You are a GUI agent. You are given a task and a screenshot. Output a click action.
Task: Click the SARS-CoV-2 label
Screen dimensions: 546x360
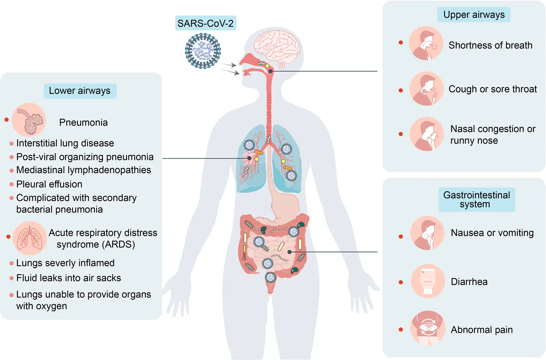tap(206, 23)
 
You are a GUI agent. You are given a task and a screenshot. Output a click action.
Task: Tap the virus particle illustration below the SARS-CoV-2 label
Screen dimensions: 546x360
tap(203, 51)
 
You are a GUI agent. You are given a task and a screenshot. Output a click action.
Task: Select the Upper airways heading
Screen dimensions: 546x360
tap(474, 15)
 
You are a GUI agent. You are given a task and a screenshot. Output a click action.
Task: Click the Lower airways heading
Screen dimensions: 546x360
tap(80, 91)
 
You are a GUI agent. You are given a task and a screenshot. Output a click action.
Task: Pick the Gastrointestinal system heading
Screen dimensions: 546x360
tap(476, 199)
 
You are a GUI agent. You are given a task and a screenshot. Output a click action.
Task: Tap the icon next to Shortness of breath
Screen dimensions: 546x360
tap(426, 43)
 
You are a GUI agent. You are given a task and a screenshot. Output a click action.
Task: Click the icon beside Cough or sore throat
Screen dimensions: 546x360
tap(426, 89)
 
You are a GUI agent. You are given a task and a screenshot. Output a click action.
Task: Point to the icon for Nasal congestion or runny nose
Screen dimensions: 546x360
tap(427, 134)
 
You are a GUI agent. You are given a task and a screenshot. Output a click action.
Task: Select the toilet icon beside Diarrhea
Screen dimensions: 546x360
tap(428, 281)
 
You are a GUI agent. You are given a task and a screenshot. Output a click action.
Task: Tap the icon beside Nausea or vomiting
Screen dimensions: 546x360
tap(427, 233)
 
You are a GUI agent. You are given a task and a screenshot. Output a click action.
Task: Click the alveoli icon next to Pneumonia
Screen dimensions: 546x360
tap(29, 120)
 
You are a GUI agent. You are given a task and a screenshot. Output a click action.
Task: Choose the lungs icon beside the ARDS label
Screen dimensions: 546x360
tap(30, 238)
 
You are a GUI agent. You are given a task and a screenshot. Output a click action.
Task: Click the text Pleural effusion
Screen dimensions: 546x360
tap(49, 184)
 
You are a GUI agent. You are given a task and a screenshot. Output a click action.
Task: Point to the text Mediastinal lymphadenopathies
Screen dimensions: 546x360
tap(83, 170)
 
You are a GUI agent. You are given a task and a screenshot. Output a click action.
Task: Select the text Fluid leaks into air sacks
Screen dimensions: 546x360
tap(68, 278)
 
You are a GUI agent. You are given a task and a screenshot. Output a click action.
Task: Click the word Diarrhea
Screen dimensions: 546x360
tap(469, 282)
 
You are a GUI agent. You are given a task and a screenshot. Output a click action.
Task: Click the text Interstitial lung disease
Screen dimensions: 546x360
tap(65, 143)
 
